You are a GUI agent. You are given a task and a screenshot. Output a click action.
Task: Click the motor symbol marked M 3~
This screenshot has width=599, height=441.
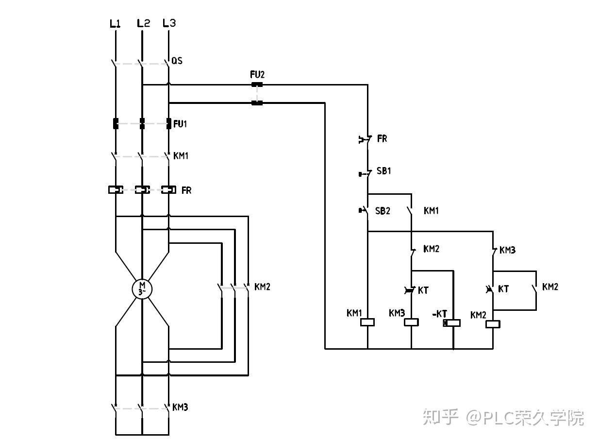pyautogui.click(x=142, y=289)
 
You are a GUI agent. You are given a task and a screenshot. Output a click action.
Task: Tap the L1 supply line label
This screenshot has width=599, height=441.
pyautogui.click(x=115, y=23)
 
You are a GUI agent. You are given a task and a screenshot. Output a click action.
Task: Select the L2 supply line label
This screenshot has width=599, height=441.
pyautogui.click(x=143, y=23)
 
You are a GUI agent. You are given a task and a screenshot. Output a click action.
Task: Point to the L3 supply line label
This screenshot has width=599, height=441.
pyautogui.click(x=169, y=23)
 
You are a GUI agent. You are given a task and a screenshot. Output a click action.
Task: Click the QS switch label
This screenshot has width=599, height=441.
pyautogui.click(x=177, y=61)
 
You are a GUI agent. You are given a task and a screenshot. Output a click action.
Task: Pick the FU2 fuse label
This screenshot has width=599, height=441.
pyautogui.click(x=257, y=74)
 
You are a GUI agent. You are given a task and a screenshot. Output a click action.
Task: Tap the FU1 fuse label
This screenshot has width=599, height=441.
pyautogui.click(x=180, y=124)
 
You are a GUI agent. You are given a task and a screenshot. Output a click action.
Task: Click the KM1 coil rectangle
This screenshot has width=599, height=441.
pyautogui.click(x=367, y=322)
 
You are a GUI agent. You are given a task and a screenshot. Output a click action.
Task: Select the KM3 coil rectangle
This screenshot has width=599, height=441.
pyautogui.click(x=411, y=322)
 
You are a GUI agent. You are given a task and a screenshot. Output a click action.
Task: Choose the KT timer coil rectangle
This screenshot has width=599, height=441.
pyautogui.click(x=451, y=323)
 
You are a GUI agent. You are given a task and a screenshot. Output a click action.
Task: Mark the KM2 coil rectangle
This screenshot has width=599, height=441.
pyautogui.click(x=493, y=324)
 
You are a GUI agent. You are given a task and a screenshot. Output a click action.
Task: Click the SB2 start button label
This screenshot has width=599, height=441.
pyautogui.click(x=383, y=211)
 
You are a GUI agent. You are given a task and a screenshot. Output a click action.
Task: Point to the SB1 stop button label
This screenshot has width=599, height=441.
pyautogui.click(x=384, y=171)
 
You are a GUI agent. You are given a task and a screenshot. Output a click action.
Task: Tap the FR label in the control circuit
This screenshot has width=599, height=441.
pyautogui.click(x=382, y=138)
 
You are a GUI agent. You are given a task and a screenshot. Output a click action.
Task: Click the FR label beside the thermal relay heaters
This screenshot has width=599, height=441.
pyautogui.click(x=186, y=190)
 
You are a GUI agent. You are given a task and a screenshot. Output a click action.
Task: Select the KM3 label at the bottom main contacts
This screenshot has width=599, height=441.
pyautogui.click(x=180, y=407)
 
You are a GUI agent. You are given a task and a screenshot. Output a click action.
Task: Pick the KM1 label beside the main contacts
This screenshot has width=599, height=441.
pyautogui.click(x=181, y=155)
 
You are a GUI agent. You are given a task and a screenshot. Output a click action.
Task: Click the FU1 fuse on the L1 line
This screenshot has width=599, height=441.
pyautogui.click(x=116, y=123)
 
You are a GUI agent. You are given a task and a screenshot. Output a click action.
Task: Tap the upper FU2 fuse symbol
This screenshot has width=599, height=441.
pyautogui.click(x=257, y=85)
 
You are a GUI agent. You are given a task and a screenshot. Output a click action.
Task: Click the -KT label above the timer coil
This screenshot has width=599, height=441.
pyautogui.click(x=440, y=314)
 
